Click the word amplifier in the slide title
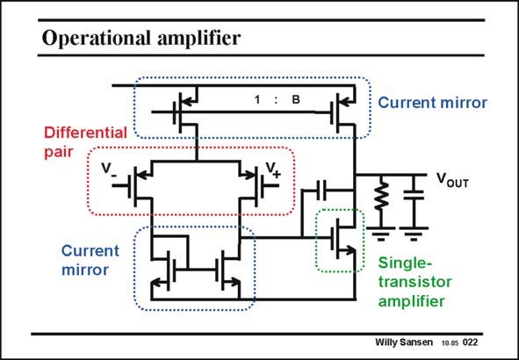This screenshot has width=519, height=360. click(198, 38)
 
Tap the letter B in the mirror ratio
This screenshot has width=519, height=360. click(296, 99)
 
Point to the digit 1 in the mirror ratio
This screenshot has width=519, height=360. click(257, 99)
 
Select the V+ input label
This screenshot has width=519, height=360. click(273, 170)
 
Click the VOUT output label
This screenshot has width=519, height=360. click(452, 180)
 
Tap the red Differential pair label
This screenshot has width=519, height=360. click(85, 142)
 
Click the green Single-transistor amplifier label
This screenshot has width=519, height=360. click(414, 282)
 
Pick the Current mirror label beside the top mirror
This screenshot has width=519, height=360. click(432, 103)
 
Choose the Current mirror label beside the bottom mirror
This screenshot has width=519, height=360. click(90, 260)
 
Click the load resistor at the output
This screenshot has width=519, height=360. click(381, 196)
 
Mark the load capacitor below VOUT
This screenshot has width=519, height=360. click(413, 195)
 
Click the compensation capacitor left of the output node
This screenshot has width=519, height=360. click(321, 191)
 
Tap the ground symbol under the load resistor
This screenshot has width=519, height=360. click(381, 234)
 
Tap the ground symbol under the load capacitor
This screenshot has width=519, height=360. click(414, 234)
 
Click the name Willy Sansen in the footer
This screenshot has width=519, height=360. click(403, 342)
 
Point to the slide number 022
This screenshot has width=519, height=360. click(470, 342)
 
